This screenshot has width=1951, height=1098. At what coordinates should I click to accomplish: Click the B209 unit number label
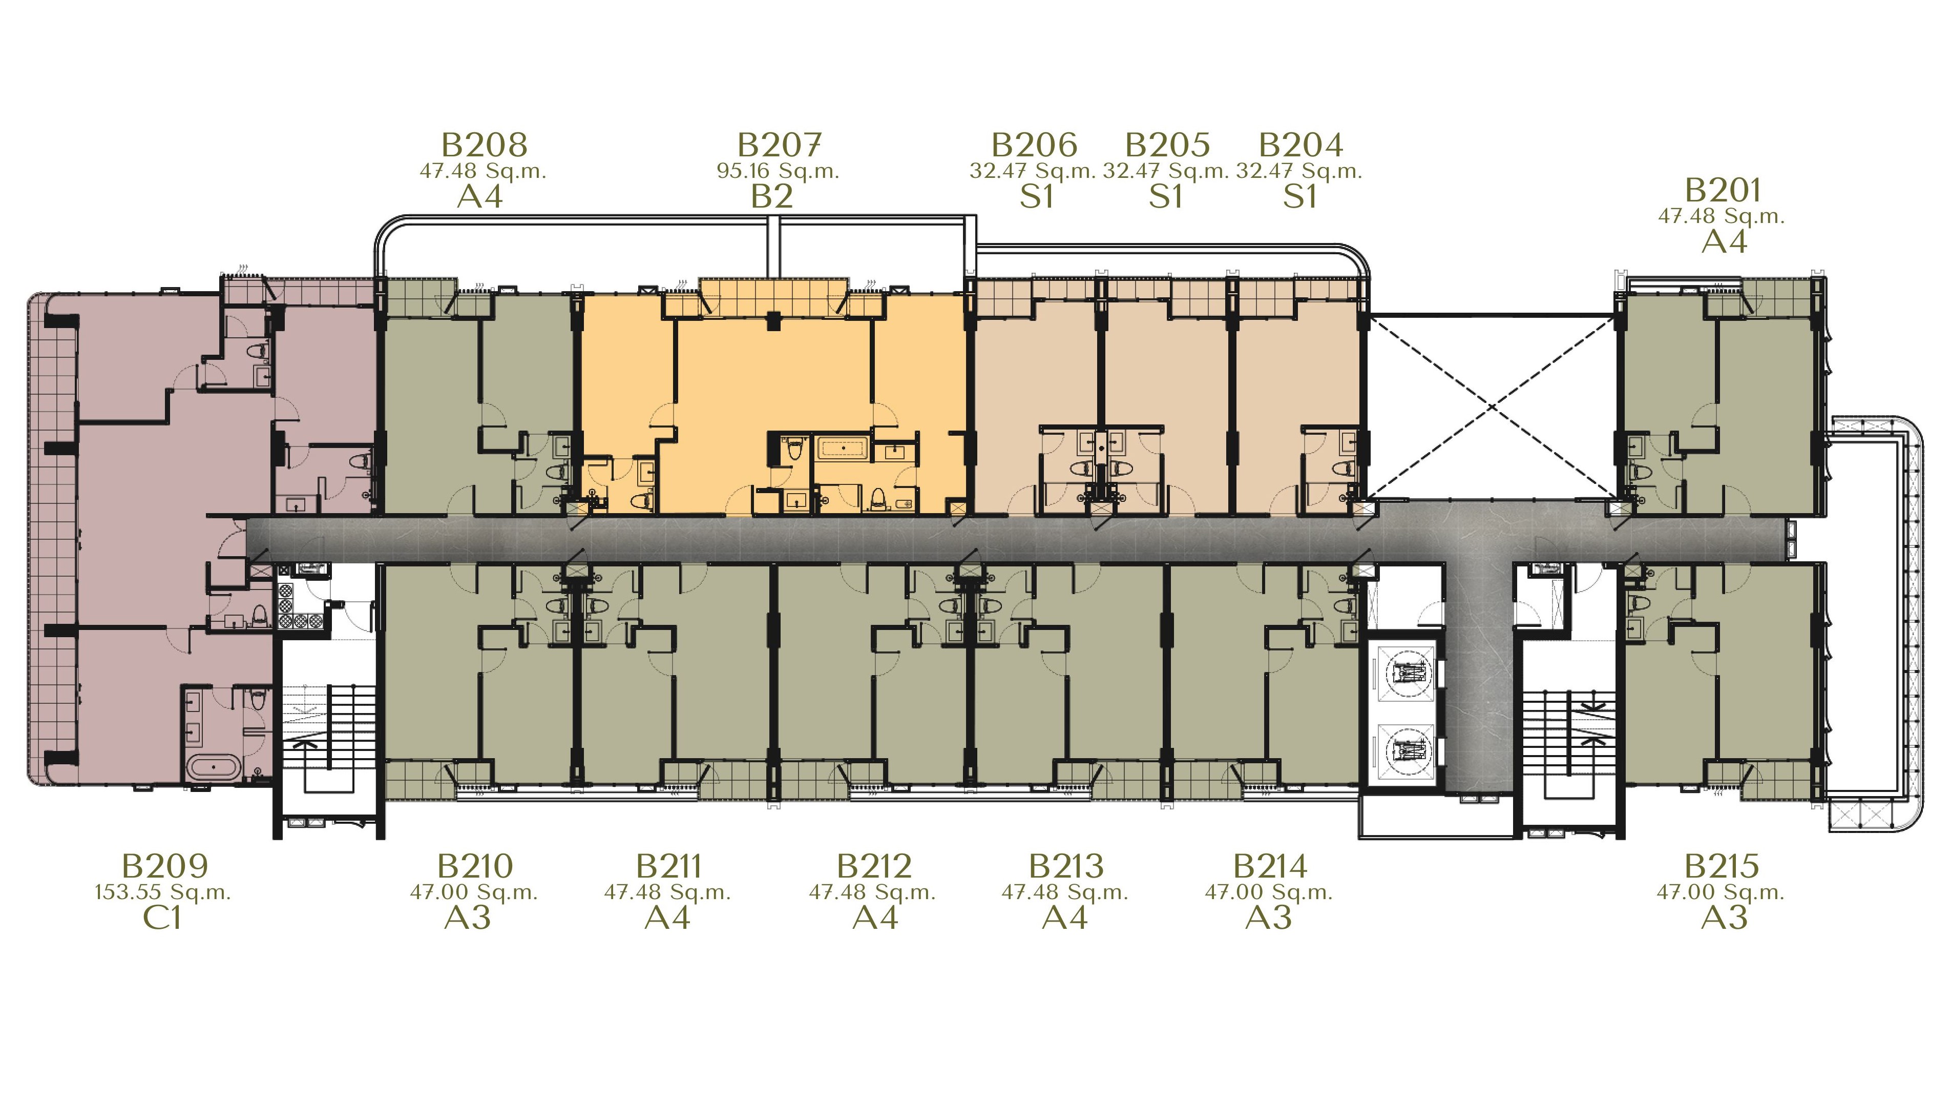(x=164, y=865)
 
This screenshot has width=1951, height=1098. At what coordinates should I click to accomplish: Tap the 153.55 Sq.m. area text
(x=163, y=892)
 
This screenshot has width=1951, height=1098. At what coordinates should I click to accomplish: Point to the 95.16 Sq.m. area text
(x=778, y=171)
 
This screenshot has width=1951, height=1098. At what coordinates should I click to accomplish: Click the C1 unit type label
(x=162, y=918)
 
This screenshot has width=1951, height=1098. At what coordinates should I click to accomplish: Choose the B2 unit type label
(x=772, y=196)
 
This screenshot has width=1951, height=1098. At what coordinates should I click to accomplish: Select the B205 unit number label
(x=1167, y=144)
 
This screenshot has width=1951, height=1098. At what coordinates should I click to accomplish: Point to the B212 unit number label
(x=874, y=865)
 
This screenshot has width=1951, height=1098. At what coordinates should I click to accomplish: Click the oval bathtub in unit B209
(x=214, y=767)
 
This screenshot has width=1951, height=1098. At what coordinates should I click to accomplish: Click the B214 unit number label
(x=1270, y=865)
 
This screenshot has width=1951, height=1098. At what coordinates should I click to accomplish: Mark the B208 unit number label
(x=484, y=144)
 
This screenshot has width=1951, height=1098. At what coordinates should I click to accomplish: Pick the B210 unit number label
(x=475, y=865)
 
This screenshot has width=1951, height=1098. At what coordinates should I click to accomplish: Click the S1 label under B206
(x=1036, y=196)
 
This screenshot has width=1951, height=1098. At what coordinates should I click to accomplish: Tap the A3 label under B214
(x=1269, y=918)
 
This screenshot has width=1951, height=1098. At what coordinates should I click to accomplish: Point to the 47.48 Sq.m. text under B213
(x=1065, y=892)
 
